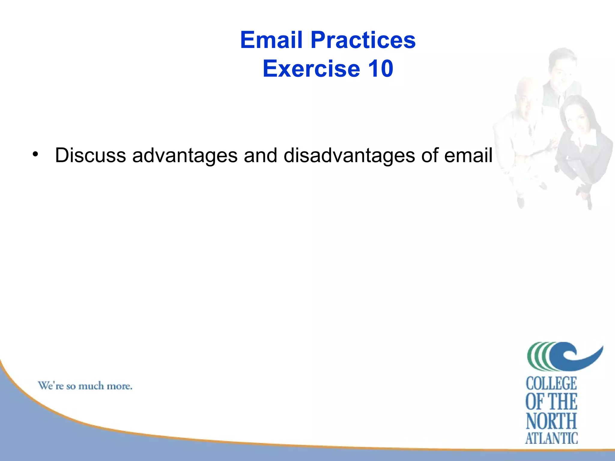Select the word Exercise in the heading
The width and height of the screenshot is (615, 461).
pyautogui.click(x=311, y=69)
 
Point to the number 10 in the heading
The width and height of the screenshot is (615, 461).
pyautogui.click(x=380, y=69)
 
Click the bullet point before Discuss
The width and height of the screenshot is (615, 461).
pyautogui.click(x=36, y=155)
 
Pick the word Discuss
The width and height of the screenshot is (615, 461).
pyautogui.click(x=90, y=155)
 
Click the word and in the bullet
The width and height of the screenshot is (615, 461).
pyautogui.click(x=260, y=155)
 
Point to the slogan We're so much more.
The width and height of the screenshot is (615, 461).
pyautogui.click(x=85, y=386)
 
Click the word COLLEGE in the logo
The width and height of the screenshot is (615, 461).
pyautogui.click(x=551, y=384)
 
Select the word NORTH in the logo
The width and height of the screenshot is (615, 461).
pyautogui.click(x=551, y=421)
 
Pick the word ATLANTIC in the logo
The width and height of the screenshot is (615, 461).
pyautogui.click(x=551, y=438)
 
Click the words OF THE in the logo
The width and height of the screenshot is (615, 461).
pyautogui.click(x=551, y=402)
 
